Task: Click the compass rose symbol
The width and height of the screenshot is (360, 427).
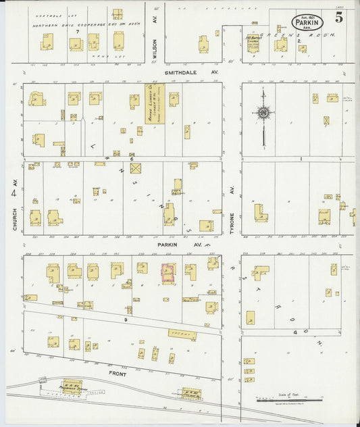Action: [x=263, y=113]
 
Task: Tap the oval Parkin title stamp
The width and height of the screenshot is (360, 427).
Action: [x=307, y=22]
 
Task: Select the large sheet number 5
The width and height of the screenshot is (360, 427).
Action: [x=337, y=18]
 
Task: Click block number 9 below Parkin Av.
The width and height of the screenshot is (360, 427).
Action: [x=125, y=318]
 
